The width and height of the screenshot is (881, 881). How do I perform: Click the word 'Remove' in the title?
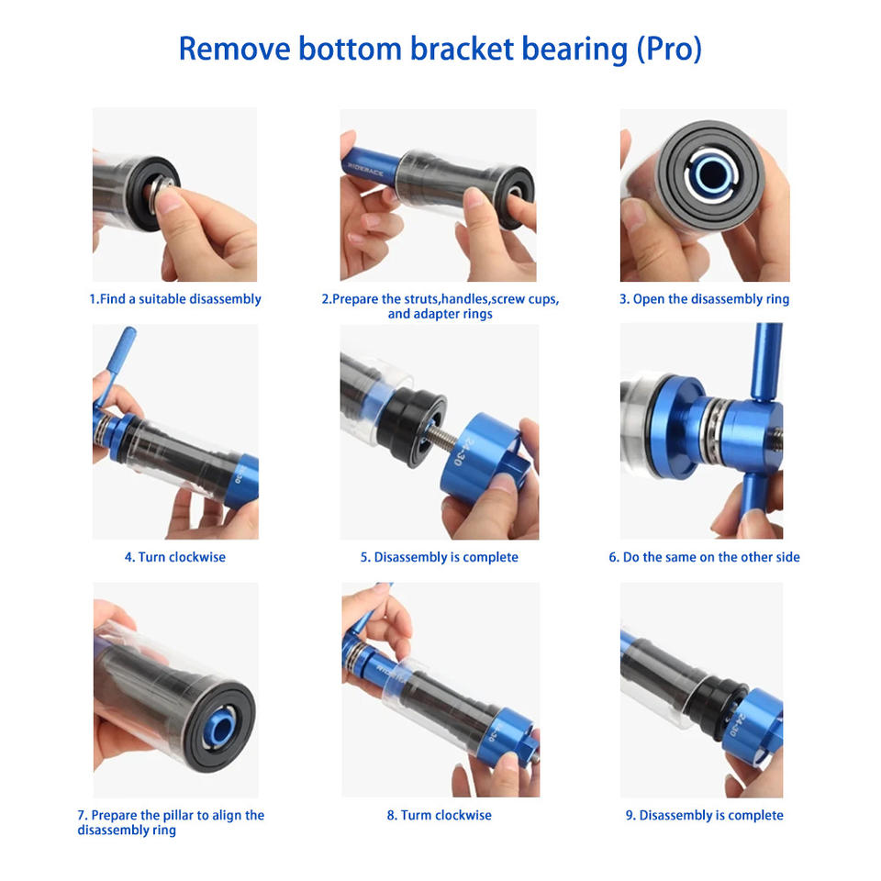[x=234, y=49]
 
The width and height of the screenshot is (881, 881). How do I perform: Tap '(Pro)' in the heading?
[x=669, y=50]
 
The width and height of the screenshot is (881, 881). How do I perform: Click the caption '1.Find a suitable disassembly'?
[x=175, y=299]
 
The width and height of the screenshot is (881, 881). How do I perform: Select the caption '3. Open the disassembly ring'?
[x=704, y=299]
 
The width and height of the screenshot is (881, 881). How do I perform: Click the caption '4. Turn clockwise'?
[x=174, y=557]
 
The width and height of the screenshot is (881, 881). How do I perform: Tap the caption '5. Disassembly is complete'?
[x=439, y=557]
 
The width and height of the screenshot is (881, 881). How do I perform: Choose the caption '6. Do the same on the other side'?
[x=704, y=557]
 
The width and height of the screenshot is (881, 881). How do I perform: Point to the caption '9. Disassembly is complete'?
[x=704, y=815]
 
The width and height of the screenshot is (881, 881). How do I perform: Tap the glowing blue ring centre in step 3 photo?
[x=711, y=174]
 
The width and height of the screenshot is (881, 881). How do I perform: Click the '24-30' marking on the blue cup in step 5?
[x=463, y=452]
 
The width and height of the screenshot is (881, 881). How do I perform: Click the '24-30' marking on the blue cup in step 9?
[x=738, y=725]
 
